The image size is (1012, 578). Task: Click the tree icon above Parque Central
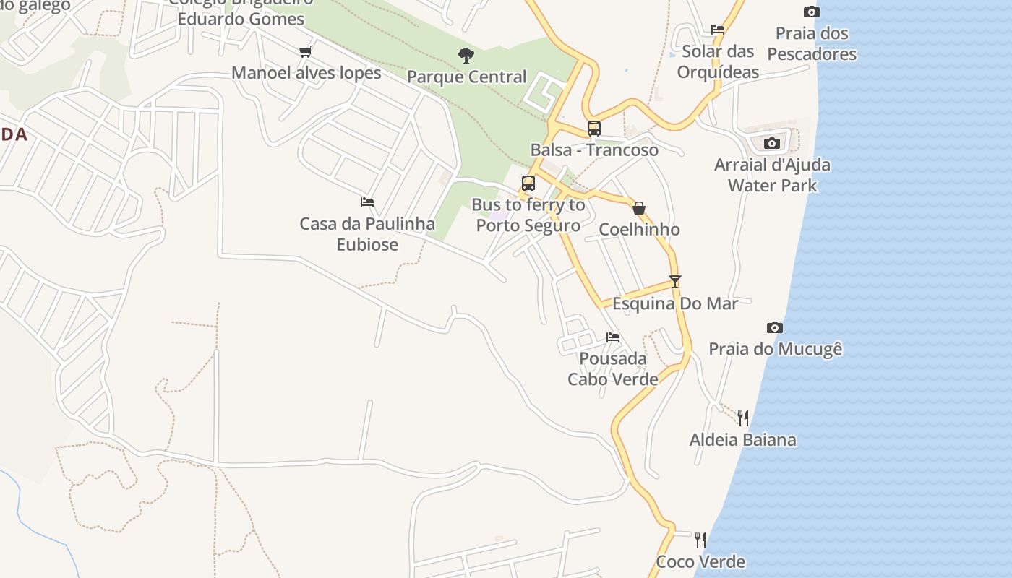(466, 55)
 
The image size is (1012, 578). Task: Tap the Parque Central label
(466, 77)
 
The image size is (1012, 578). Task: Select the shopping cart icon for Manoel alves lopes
(305, 52)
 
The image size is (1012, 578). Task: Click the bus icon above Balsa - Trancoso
(593, 129)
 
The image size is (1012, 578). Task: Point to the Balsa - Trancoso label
(594, 150)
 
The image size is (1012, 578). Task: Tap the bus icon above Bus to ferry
(528, 184)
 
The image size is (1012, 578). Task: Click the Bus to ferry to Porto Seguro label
(528, 215)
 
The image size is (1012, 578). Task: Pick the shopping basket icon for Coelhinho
(639, 209)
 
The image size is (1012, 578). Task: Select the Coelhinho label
(639, 230)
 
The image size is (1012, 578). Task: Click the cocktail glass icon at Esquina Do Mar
(675, 282)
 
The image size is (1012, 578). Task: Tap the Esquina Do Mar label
(675, 303)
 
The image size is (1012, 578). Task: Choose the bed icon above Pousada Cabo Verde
(613, 337)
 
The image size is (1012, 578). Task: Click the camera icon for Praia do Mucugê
(775, 328)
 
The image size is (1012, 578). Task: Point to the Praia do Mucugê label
(775, 350)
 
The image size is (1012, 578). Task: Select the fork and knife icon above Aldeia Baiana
(743, 418)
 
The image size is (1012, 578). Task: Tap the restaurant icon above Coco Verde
(700, 540)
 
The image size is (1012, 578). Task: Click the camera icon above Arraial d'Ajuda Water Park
(772, 143)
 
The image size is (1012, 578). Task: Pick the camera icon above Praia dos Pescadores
(812, 12)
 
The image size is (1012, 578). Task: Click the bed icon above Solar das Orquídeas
(718, 30)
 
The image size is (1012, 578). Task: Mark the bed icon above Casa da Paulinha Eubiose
(367, 202)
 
